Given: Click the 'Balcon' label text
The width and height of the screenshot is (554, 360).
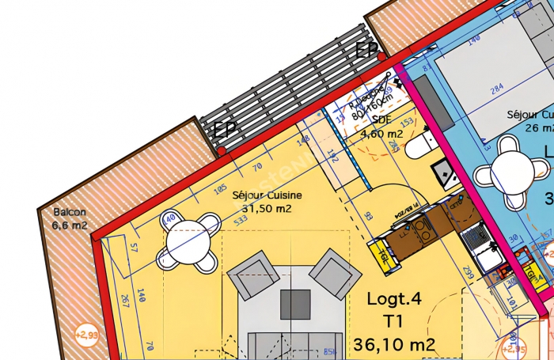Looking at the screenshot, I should pos(69,213).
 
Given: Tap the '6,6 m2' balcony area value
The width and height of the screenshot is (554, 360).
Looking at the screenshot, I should pos(70,225).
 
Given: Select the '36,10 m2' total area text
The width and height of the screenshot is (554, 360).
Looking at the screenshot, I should pos(394,345).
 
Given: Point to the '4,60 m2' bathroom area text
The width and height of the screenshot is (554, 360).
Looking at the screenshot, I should pos(382,135).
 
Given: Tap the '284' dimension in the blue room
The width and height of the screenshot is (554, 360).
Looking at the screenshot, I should pos(497,90).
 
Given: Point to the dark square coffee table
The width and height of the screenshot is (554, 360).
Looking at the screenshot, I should pos(296,304).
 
